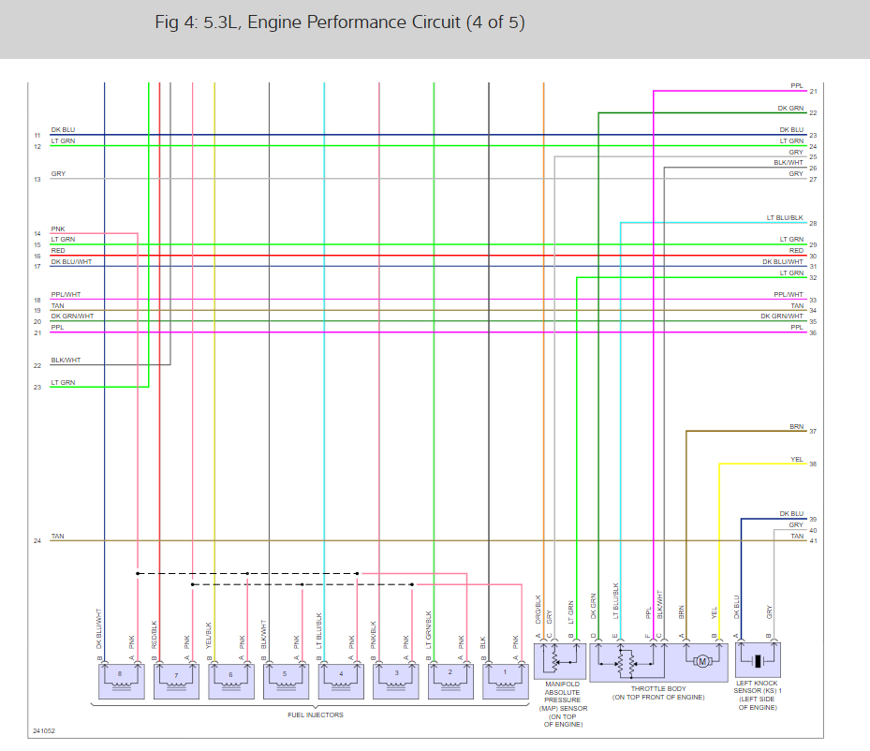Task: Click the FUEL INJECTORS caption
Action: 315,714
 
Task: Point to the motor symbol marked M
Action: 702,662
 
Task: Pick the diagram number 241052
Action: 43,730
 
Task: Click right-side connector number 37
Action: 813,432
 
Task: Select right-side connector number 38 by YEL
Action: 813,464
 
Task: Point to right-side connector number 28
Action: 813,224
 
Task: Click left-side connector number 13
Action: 37,179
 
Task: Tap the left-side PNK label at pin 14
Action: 58,228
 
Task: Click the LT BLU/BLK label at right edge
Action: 785,217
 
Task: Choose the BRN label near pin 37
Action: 796,426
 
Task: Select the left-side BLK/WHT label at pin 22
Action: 66,360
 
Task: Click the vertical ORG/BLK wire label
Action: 538,610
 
